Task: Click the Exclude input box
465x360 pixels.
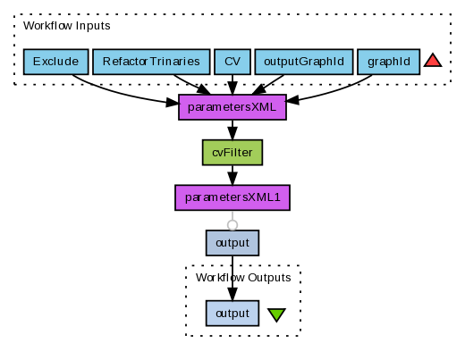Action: [x=56, y=62]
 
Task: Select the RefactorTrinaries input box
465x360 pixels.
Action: [x=151, y=62]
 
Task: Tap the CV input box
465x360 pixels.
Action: [x=232, y=62]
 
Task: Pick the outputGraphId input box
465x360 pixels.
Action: [x=304, y=62]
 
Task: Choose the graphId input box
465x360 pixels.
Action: [x=389, y=62]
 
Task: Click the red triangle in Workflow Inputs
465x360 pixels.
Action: [x=433, y=61]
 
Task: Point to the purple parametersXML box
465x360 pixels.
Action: [x=232, y=107]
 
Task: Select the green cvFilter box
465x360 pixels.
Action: [x=232, y=153]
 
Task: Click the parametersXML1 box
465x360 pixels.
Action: [x=232, y=197]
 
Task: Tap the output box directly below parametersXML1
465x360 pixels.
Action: [x=232, y=243]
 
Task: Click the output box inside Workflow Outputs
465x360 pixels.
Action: [x=232, y=314]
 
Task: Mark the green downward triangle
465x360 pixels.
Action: [x=276, y=314]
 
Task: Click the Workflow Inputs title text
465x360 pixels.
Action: [x=67, y=26]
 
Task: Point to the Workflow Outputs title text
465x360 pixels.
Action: [x=243, y=278]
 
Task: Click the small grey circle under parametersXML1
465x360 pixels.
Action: [x=232, y=225]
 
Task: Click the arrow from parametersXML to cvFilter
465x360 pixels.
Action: [x=232, y=130]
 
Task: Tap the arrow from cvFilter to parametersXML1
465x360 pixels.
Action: [x=232, y=175]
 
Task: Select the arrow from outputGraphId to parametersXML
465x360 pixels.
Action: [x=267, y=85]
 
